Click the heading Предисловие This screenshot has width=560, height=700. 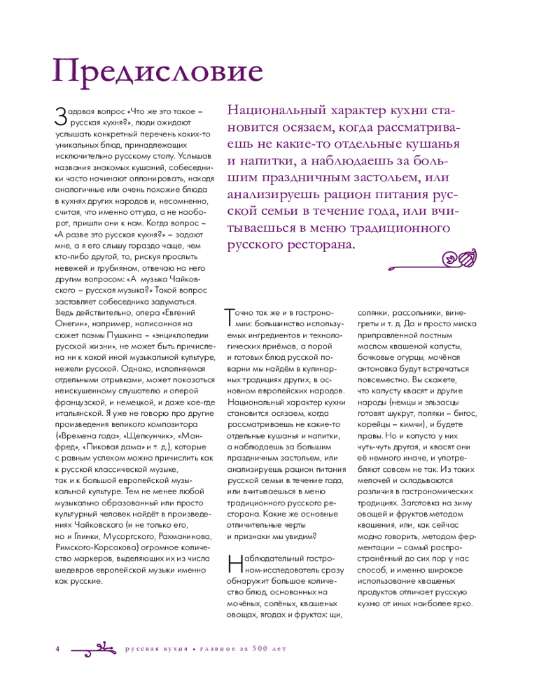[x=158, y=71]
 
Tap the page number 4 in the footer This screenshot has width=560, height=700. [x=57, y=649]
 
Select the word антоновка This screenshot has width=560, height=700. [x=381, y=369]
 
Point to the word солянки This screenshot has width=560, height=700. [x=378, y=313]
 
